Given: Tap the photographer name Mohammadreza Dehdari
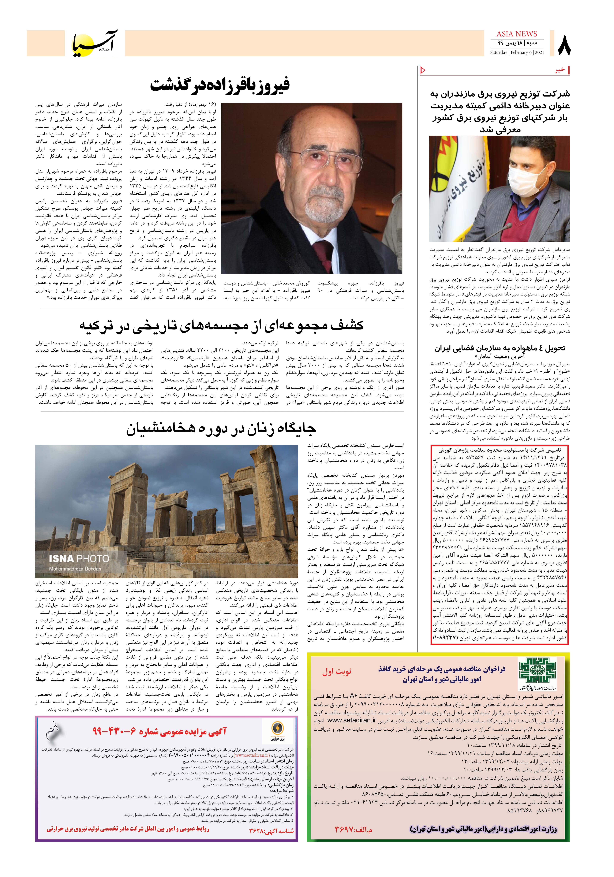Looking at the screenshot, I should (75, 569).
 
